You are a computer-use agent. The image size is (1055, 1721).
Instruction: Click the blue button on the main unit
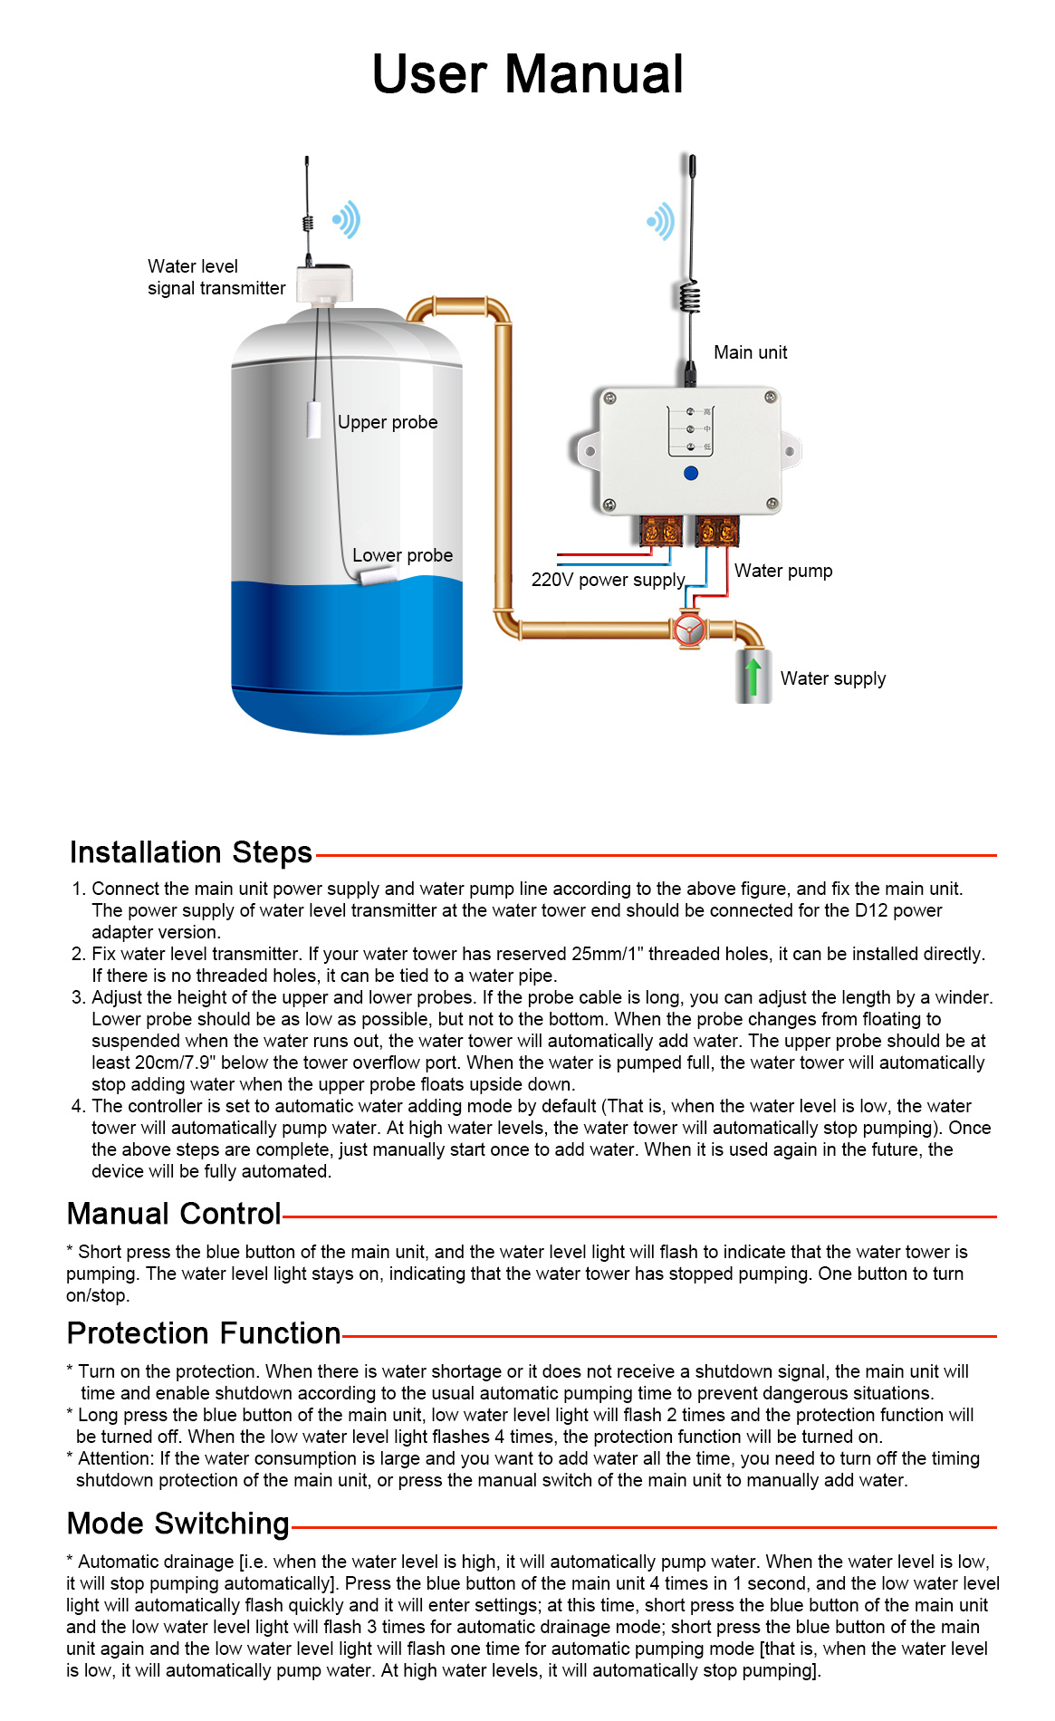coord(691,473)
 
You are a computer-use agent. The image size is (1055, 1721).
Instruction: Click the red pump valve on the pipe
coord(690,630)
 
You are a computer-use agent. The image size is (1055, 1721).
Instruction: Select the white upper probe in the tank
coord(314,420)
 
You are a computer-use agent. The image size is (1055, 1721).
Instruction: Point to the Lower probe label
coord(402,555)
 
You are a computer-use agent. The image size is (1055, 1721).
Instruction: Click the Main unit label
coord(750,352)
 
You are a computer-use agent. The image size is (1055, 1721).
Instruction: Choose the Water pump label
coord(782,571)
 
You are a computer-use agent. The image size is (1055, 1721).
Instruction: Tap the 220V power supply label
coord(608,580)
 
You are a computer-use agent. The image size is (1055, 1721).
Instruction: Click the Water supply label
coord(832,678)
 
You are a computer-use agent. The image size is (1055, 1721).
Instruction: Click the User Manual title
coord(527,74)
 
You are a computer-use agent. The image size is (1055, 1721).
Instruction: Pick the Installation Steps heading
coord(190,852)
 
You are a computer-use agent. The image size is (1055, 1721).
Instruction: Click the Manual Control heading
coord(174,1214)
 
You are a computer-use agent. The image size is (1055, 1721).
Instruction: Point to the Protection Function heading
coord(204,1333)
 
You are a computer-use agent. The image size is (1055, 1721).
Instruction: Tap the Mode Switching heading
coord(178,1524)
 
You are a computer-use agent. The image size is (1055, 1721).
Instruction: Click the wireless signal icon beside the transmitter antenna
coord(347,219)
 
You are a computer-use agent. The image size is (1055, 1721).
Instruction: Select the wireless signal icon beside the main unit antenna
coord(661,221)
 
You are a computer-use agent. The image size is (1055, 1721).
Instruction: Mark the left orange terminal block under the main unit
coord(661,531)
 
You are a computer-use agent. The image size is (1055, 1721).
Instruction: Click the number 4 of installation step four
coord(78,1106)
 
